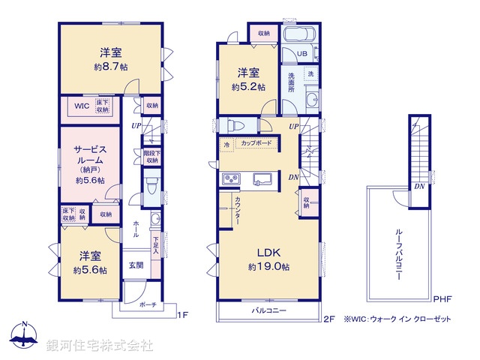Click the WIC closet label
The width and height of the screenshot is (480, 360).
81,106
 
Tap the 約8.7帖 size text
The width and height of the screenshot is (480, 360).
111,67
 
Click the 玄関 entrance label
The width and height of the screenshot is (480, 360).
136,265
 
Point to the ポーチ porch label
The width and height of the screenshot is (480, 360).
148,306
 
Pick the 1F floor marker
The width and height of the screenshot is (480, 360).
181,316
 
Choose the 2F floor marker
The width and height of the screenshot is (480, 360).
328,318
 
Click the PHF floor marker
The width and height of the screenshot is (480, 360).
442,298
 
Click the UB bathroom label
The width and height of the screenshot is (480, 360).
300,54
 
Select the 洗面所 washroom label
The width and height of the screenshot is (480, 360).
292,82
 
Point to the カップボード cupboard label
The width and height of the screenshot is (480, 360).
257,142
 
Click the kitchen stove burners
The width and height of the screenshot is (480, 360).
230,179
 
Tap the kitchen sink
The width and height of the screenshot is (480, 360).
262,178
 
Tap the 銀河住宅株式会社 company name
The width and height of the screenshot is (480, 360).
100,346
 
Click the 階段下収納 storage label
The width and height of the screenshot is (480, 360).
151,156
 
